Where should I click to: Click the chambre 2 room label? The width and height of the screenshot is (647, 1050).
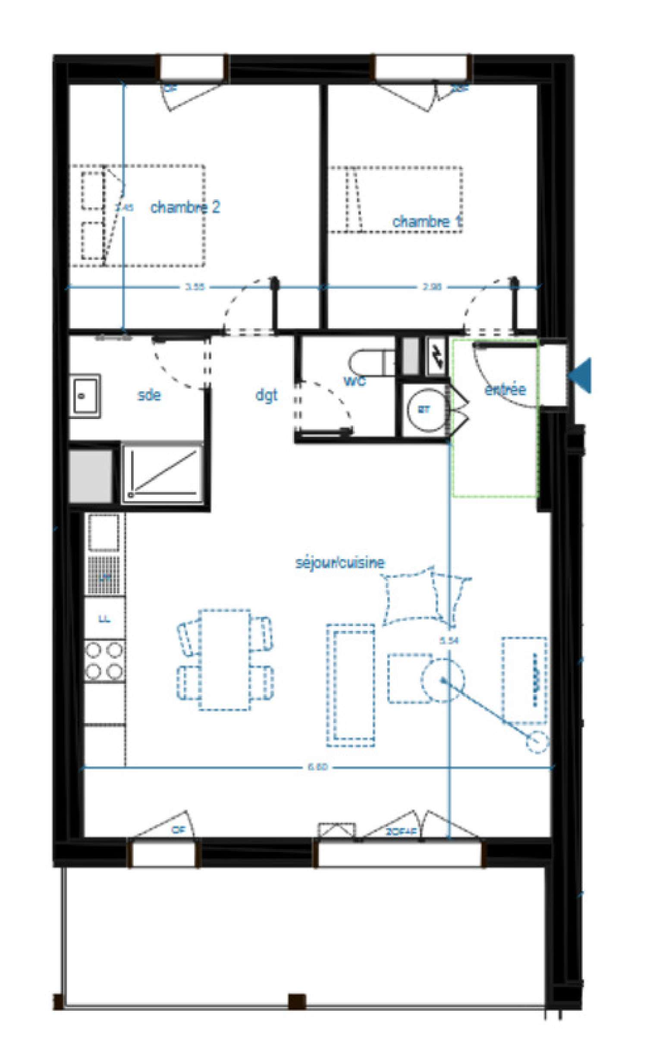(185, 207)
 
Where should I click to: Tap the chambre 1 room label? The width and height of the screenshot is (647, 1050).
(427, 221)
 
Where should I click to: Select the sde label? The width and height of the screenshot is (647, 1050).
(149, 395)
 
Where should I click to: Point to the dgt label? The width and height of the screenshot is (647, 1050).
(267, 395)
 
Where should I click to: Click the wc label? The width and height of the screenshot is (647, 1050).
(355, 380)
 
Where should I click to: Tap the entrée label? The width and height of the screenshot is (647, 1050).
(505, 390)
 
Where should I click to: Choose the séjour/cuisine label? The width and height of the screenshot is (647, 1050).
(339, 563)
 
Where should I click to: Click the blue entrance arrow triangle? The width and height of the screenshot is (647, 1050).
(581, 375)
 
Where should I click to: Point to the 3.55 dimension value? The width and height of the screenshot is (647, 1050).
(195, 287)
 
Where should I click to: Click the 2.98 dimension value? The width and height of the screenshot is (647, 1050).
(432, 287)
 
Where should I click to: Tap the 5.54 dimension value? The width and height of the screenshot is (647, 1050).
(449, 641)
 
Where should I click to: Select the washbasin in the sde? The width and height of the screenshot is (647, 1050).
(85, 396)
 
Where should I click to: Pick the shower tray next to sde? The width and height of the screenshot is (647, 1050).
(163, 473)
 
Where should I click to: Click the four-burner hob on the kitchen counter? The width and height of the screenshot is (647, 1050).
(104, 661)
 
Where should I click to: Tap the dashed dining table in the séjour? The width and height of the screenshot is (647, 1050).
(224, 659)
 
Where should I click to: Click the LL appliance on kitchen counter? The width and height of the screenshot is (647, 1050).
(104, 619)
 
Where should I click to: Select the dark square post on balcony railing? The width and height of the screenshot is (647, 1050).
(297, 1001)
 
